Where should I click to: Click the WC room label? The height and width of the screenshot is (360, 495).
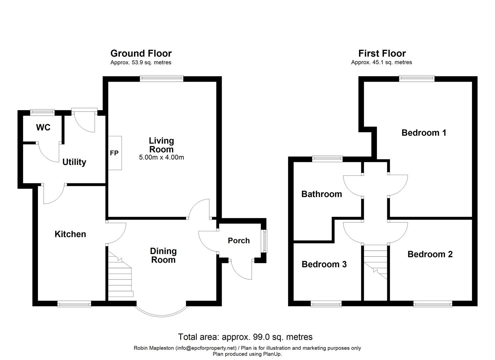click(x=43, y=127)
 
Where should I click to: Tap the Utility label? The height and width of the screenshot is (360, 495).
click(x=74, y=162)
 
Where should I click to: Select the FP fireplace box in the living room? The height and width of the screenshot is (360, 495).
click(x=115, y=153)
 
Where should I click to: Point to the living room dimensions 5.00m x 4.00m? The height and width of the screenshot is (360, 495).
click(x=161, y=157)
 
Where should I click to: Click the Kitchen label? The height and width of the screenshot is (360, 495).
click(x=70, y=234)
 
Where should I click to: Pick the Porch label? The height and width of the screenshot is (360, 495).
click(x=239, y=240)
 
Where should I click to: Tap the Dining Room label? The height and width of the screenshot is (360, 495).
click(x=163, y=255)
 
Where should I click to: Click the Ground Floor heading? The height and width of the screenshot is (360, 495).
click(x=141, y=53)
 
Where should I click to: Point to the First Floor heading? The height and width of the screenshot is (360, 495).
click(x=382, y=53)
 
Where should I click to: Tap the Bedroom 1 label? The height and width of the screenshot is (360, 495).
click(x=424, y=133)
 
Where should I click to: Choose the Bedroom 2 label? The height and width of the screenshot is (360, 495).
click(x=430, y=254)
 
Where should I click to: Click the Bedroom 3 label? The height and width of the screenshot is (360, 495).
click(x=324, y=265)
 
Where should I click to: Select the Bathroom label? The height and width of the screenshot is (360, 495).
click(x=322, y=194)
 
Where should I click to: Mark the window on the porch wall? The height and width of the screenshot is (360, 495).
click(x=265, y=241)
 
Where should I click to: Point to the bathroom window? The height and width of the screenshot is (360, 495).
click(x=327, y=159)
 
